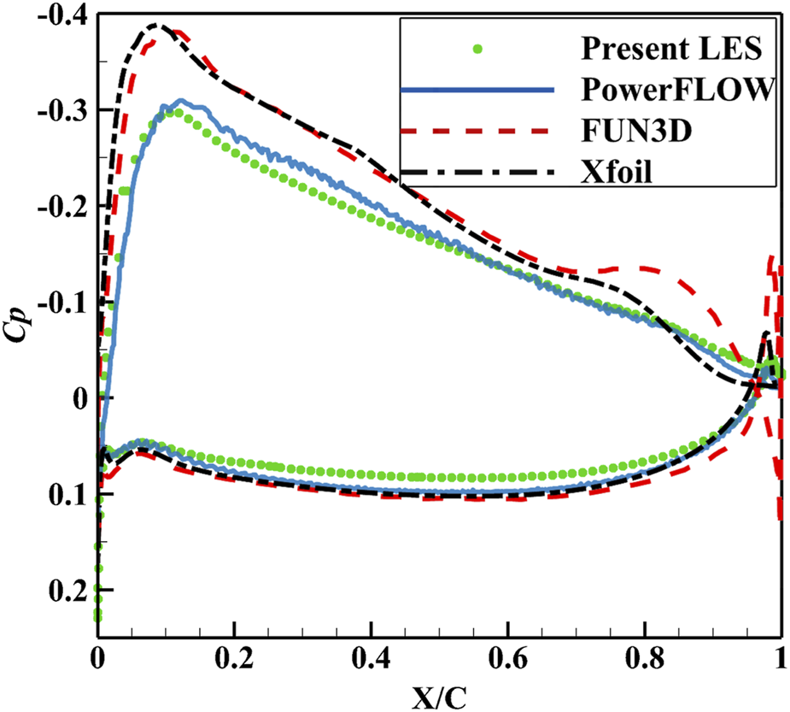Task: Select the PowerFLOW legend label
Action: pos(678,90)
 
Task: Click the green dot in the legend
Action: pos(478,49)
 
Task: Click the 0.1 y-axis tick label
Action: pos(65,496)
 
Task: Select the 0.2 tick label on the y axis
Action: pos(65,592)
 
